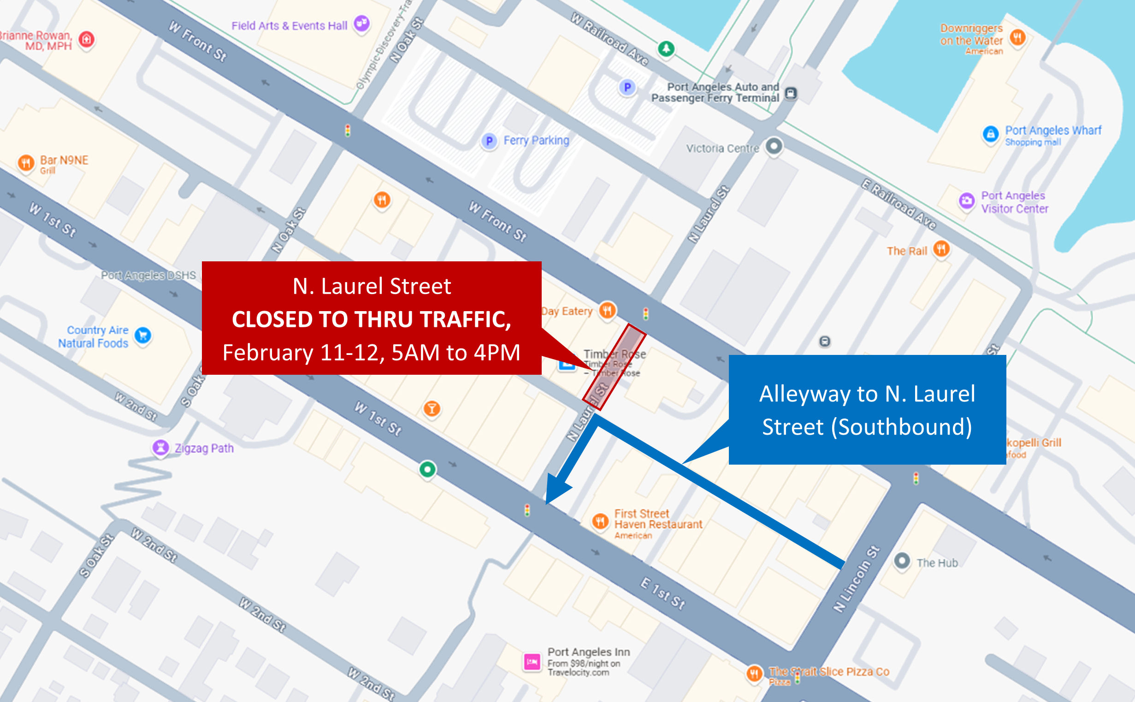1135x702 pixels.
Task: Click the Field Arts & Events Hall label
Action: pos(289,26)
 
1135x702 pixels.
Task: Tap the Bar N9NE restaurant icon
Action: pos(26,163)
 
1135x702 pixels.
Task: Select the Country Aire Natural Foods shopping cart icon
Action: pos(143,335)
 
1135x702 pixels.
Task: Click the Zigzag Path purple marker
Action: pos(160,448)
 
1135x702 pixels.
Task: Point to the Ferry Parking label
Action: pos(536,140)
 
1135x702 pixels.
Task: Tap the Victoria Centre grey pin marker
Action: pos(774,146)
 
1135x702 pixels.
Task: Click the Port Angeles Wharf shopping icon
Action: pos(991,134)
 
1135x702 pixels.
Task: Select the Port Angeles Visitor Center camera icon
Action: pos(967,201)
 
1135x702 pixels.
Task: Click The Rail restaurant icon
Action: pos(941,249)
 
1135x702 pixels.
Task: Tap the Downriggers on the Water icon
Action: pos(1017,37)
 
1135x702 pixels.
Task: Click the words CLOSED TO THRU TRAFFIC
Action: pos(372,319)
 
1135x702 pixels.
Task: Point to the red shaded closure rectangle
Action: pos(614,367)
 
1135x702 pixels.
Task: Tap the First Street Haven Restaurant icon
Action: pos(600,521)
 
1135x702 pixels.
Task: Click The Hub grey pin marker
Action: pos(902,560)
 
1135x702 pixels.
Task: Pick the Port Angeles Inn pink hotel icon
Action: pos(532,661)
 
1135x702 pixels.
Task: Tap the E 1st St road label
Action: pos(663,593)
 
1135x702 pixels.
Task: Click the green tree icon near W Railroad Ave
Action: pos(666,48)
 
